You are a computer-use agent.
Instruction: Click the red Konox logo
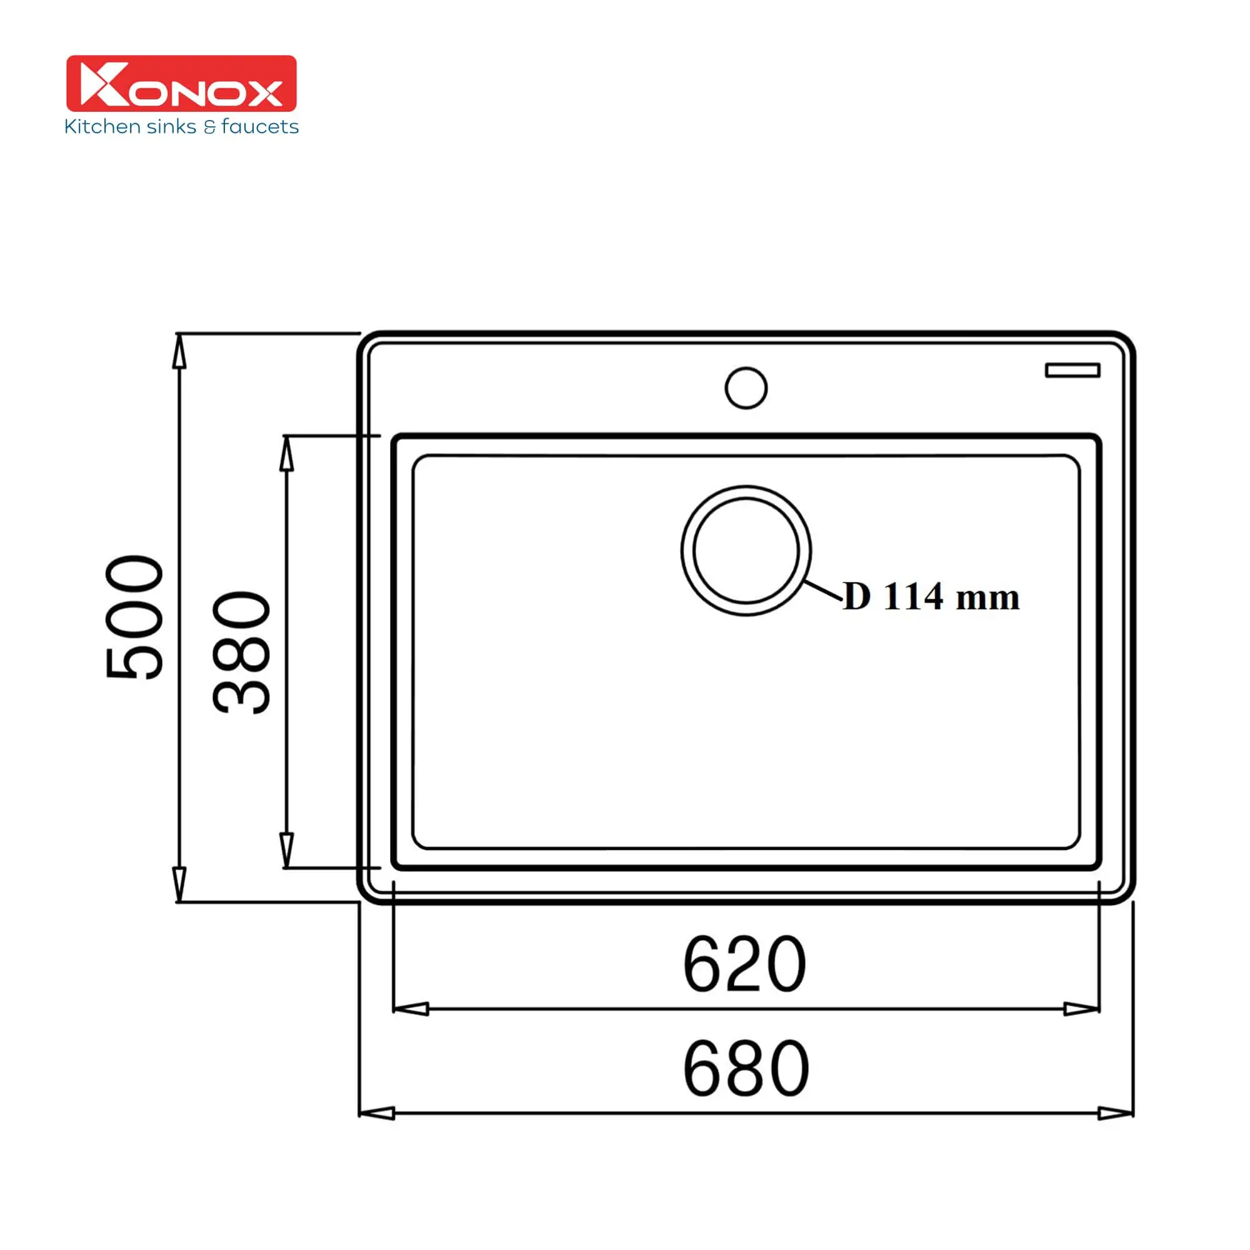click(x=181, y=84)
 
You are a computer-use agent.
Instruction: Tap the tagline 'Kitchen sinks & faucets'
click(x=181, y=126)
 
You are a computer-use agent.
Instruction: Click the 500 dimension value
click(x=134, y=617)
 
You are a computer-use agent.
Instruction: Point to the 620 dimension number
click(x=745, y=964)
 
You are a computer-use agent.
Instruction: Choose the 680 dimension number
click(x=746, y=1069)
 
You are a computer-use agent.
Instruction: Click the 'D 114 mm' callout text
click(x=931, y=596)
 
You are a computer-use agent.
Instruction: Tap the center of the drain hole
click(x=746, y=551)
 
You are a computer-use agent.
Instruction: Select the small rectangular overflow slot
click(x=1072, y=370)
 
